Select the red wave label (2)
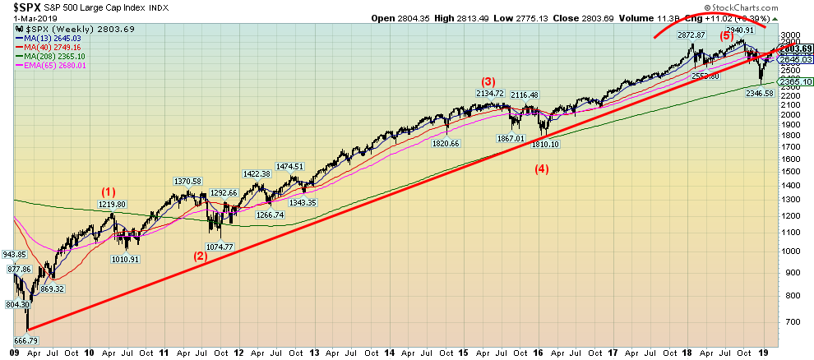(200, 255)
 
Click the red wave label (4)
(542, 170)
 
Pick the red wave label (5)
(728, 35)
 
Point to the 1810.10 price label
(545, 144)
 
